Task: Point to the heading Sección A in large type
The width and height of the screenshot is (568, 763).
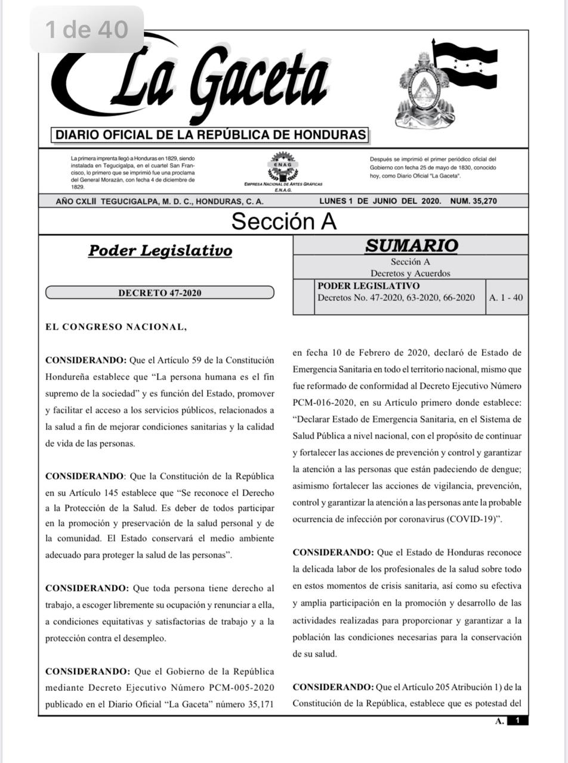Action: [283, 221]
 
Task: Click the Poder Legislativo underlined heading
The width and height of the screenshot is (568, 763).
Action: [160, 250]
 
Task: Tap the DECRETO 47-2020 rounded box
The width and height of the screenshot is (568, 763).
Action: [160, 293]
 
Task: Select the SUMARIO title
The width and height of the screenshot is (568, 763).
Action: [411, 246]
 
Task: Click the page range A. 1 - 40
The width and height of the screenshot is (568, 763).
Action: [506, 297]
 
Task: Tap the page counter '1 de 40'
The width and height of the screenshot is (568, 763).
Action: [87, 29]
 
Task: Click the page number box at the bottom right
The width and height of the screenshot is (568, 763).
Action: [517, 721]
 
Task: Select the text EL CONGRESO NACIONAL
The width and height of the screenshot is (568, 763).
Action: [116, 327]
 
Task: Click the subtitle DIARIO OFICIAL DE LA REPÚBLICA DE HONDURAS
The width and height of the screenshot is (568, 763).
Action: [211, 135]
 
